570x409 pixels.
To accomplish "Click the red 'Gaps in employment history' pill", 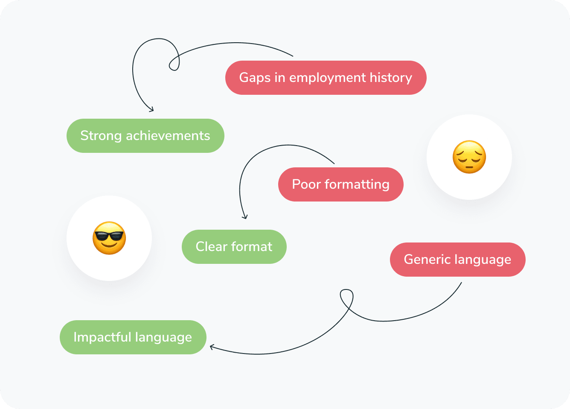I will point(326,78).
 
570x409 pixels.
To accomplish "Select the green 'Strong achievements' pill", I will point(145,136).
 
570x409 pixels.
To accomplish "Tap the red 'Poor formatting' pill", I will point(340,184).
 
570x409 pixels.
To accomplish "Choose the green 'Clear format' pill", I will point(234,247).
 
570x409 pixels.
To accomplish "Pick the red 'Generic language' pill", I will point(457,260).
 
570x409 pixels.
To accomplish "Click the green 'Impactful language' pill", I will point(133,337).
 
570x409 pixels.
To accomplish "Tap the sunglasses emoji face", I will point(109,238).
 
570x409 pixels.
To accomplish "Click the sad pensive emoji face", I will point(469,157).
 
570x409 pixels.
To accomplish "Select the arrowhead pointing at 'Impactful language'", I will point(212,347).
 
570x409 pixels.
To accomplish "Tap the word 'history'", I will point(391,78).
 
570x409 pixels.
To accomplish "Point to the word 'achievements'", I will point(168,136).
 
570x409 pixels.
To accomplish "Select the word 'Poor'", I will point(306,184).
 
